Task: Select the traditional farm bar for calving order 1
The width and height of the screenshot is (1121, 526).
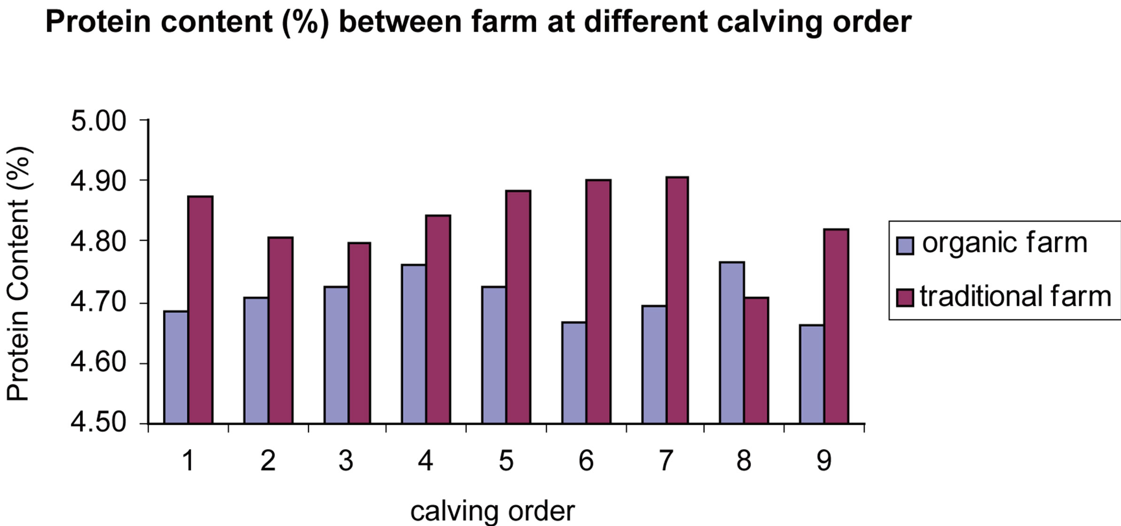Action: point(201,310)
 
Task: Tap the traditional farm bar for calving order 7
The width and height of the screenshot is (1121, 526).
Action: point(677,301)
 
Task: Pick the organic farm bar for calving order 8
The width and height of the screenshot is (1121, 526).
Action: point(732,343)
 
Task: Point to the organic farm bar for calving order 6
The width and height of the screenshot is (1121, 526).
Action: point(574,373)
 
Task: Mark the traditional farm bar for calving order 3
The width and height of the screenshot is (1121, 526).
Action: point(359,333)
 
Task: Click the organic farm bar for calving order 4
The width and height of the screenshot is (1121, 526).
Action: point(414,344)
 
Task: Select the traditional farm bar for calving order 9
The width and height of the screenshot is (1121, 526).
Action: point(836,327)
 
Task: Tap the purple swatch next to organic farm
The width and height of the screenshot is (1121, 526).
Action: point(905,245)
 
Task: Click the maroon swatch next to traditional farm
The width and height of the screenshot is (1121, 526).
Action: point(905,297)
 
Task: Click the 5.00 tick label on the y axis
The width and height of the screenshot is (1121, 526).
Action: point(99,121)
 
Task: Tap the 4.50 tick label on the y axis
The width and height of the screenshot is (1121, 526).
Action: point(99,423)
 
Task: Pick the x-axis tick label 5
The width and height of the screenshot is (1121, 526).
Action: point(506,461)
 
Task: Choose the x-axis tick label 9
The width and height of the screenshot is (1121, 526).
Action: point(824,461)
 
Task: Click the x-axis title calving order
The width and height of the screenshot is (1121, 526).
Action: point(492,511)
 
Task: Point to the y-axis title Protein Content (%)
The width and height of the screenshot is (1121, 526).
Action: point(19,274)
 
